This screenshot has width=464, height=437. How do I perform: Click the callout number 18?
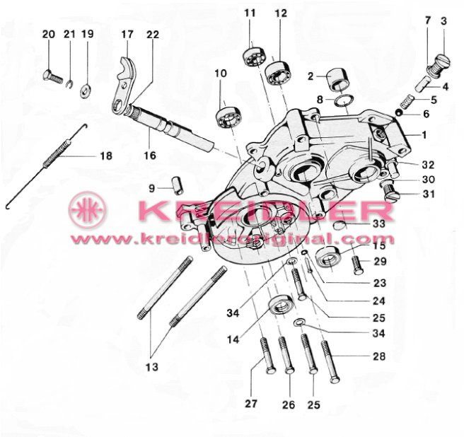tap(106, 156)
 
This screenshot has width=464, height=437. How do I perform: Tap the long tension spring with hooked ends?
tap(47, 166)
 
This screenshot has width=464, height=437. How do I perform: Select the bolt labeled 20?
tap(53, 76)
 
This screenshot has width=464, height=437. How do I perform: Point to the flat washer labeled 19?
tap(86, 91)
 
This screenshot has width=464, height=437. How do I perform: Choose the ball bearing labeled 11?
tap(255, 57)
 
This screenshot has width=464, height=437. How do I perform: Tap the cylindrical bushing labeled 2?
tap(339, 79)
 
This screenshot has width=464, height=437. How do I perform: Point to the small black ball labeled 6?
tap(399, 113)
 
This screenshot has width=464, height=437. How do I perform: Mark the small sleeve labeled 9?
tap(178, 185)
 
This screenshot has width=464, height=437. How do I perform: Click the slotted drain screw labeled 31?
tap(390, 192)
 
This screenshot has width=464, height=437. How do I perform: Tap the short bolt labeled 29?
tap(358, 265)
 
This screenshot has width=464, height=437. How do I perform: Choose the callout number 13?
tap(152, 367)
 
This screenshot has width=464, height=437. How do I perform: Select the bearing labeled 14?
tap(281, 305)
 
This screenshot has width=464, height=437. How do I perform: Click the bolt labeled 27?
tap(268, 356)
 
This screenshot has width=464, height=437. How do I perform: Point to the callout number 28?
tap(379, 356)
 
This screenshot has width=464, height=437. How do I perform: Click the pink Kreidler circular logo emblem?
tap(87, 210)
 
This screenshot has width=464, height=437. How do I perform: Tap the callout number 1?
tap(424, 135)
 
